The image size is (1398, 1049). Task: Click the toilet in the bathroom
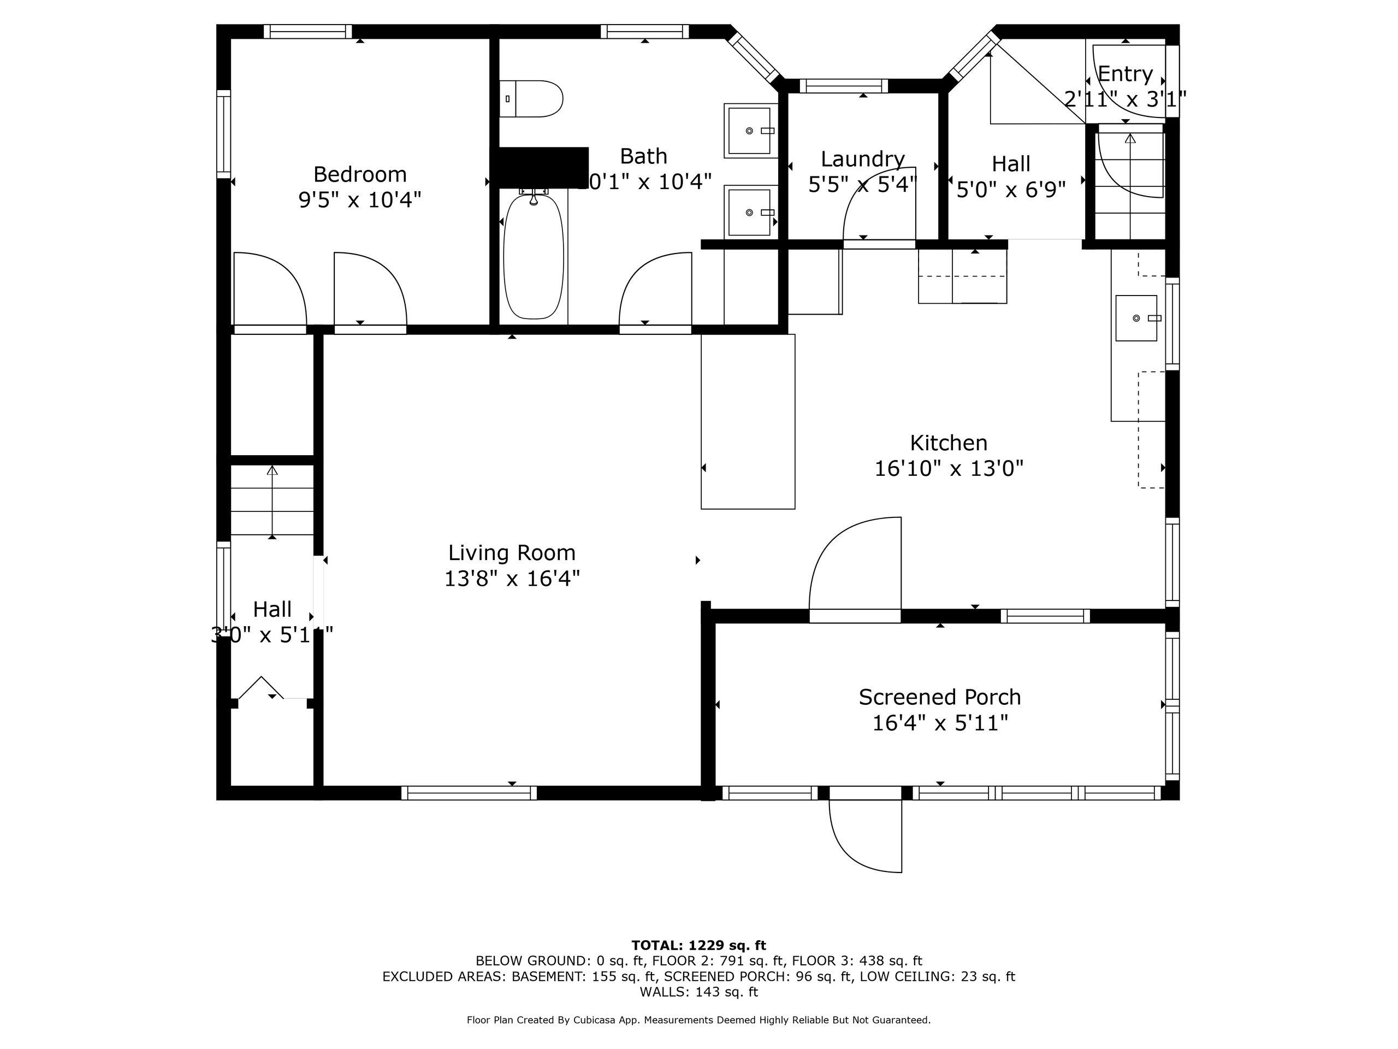point(531,99)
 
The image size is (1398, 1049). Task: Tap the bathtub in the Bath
point(534,257)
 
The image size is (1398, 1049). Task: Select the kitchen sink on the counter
point(1136,318)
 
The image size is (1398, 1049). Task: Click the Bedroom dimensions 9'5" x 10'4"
point(360,200)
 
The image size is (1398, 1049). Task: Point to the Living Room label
point(512,553)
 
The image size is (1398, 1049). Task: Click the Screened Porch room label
point(940,697)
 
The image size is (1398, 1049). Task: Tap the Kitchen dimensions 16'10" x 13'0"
point(949,469)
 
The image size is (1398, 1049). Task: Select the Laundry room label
point(862,158)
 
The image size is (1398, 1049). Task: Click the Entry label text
point(1125,74)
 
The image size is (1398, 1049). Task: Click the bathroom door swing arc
point(654,291)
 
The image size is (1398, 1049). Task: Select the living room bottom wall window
point(469,793)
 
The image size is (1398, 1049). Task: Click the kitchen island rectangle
point(748,422)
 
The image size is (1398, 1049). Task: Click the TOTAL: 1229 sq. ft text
point(698,945)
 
